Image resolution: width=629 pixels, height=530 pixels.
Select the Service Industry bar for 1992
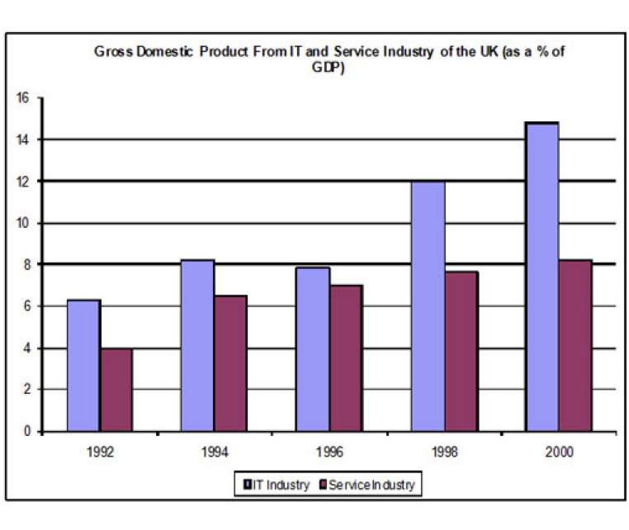pyautogui.click(x=116, y=389)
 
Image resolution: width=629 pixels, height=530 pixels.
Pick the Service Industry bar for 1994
pyautogui.click(x=230, y=363)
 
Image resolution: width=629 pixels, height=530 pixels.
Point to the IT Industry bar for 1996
pyautogui.click(x=313, y=349)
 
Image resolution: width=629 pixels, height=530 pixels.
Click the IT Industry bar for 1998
pyautogui.click(x=428, y=305)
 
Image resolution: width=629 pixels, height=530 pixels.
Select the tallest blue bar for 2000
pyautogui.click(x=542, y=277)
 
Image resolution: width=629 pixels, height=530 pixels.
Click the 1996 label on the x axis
pyautogui.click(x=329, y=452)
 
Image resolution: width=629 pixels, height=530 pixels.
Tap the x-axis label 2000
pyautogui.click(x=558, y=452)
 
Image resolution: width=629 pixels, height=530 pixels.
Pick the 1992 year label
pyautogui.click(x=100, y=452)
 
